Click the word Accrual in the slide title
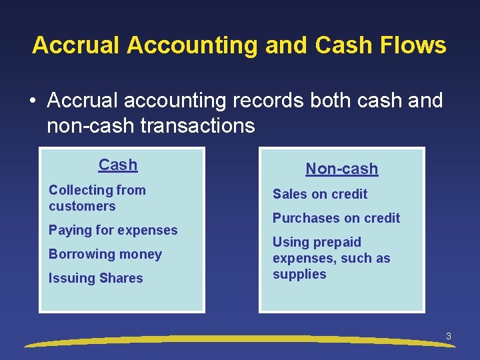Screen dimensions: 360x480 (x=76, y=45)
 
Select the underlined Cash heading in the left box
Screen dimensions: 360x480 (x=118, y=165)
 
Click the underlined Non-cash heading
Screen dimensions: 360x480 (x=341, y=169)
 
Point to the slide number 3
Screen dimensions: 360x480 (x=449, y=337)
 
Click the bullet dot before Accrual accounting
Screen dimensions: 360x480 (x=31, y=101)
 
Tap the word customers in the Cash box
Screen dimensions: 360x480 (x=82, y=206)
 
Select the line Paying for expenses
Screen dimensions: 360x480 (x=113, y=230)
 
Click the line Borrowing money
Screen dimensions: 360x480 (x=105, y=254)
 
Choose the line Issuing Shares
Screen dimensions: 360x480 (x=95, y=278)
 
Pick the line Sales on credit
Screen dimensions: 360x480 (x=320, y=194)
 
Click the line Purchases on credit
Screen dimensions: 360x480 (x=336, y=218)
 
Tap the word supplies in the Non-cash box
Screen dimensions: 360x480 (x=299, y=274)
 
